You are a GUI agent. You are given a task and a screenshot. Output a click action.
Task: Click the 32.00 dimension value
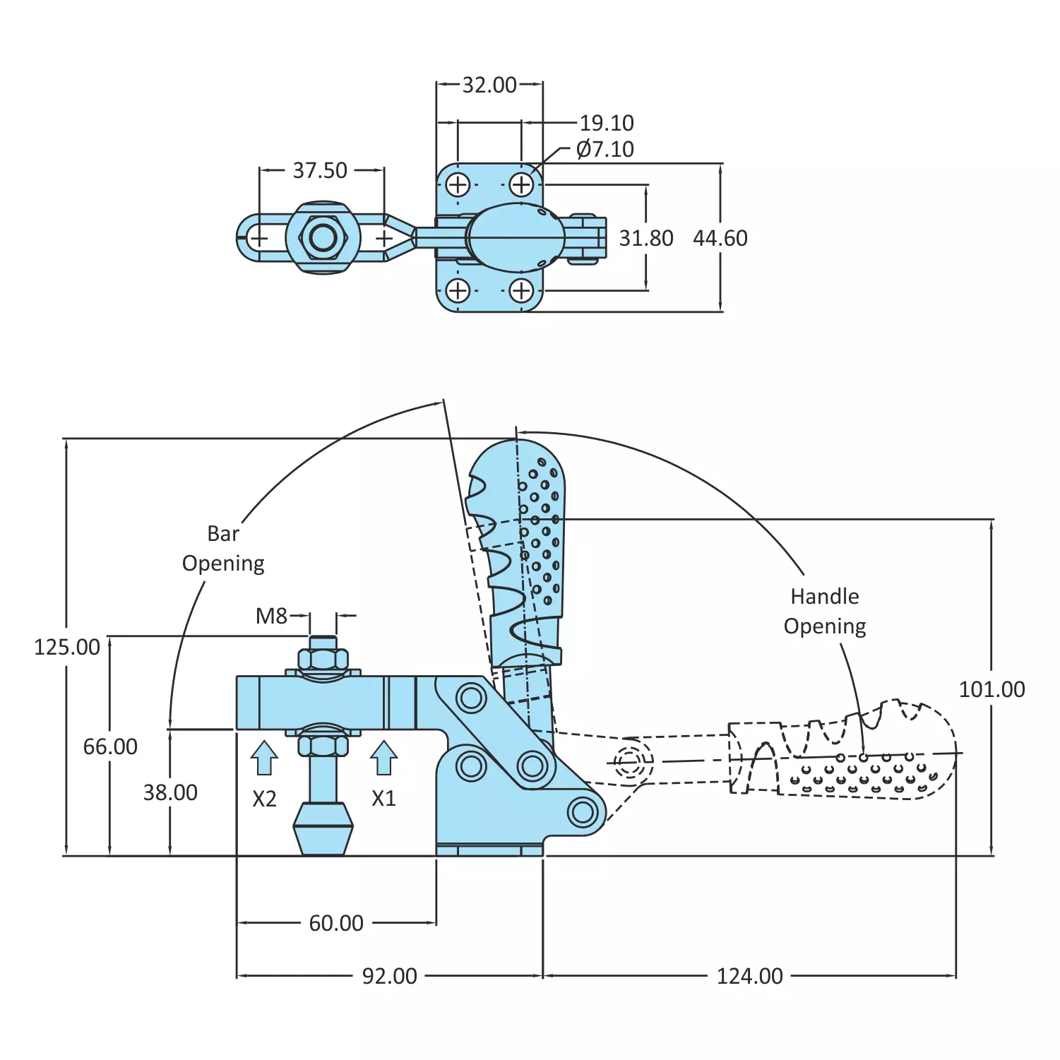[x=489, y=85]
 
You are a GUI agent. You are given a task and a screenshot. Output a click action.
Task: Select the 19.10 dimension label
[x=607, y=123]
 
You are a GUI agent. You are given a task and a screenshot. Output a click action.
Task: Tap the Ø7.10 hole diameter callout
[x=605, y=149]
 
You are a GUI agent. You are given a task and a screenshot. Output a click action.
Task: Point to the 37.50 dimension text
[x=320, y=170]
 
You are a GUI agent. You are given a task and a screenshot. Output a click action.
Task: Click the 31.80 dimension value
[x=646, y=238]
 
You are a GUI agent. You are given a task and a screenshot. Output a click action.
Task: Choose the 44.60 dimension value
[x=720, y=238]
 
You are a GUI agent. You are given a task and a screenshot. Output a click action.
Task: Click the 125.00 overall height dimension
[x=67, y=647]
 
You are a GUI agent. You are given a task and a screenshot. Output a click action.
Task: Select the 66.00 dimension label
[x=110, y=746]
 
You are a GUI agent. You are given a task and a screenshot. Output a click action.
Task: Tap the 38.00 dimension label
[x=170, y=792]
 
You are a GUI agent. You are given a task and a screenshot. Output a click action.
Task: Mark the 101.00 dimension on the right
[x=991, y=689]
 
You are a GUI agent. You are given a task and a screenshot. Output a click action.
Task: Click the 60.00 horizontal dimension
[x=336, y=923]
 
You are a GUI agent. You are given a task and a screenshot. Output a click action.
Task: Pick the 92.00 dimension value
[x=390, y=976]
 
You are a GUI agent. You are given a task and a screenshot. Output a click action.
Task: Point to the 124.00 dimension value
[x=749, y=976]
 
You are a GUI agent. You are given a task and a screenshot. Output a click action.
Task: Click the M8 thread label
[x=271, y=616]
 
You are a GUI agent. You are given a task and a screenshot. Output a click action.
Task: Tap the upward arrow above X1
[x=383, y=758]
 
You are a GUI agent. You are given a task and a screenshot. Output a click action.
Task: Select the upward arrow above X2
[x=264, y=758]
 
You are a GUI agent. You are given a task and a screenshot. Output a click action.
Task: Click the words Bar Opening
[x=223, y=548]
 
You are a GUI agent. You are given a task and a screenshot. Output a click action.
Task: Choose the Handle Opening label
[x=825, y=611]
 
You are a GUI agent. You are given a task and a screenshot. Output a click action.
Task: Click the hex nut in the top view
[x=323, y=237]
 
